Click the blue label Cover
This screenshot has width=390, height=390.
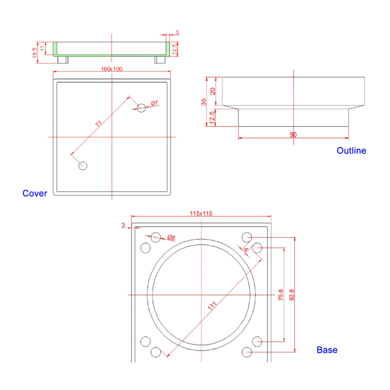coord(34,193)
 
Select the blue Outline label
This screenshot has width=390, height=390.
coord(351,150)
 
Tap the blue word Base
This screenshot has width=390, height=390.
coord(327,350)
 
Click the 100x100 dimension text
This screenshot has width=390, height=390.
coord(111,69)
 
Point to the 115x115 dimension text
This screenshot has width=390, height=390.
coord(201,213)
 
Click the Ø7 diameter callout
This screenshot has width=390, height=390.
coord(155,103)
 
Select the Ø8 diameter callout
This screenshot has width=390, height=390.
coord(171,238)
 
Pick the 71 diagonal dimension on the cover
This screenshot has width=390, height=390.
coord(99,123)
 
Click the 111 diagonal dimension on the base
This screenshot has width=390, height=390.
coord(212,306)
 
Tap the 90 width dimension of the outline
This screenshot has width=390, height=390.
coord(293,134)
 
